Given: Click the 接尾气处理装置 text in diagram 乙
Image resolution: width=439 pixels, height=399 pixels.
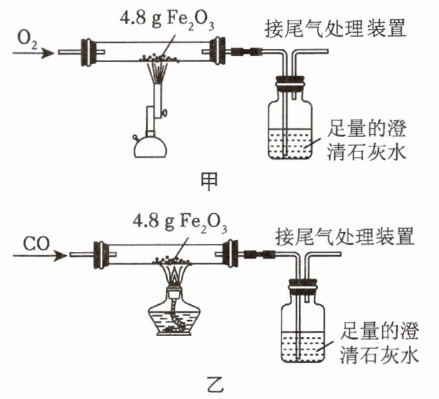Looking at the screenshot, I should tap(345, 235).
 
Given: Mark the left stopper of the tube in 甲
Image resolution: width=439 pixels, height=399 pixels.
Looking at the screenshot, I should tap(86, 51).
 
